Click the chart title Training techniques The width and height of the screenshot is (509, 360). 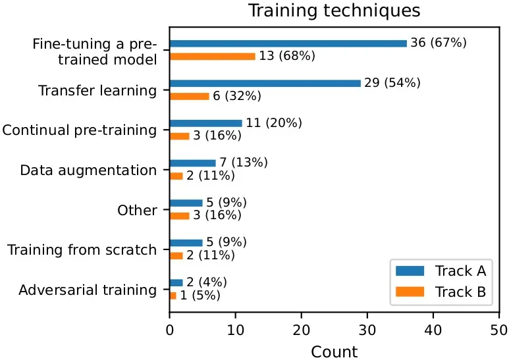click(335, 11)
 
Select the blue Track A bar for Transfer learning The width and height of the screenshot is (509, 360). click(265, 84)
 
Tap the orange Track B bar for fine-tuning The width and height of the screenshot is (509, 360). click(213, 57)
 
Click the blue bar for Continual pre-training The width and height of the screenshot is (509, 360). click(206, 123)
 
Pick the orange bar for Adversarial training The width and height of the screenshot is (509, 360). click(173, 296)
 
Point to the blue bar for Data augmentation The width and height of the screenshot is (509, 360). click(193, 163)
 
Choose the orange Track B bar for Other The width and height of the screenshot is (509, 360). click(180, 216)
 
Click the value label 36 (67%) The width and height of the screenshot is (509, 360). click(439, 43)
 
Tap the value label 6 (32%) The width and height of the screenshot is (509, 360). click(237, 96)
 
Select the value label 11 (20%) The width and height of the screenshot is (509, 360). click(274, 123)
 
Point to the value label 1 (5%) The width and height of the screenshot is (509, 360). click(200, 296)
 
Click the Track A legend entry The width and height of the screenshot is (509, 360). click(441, 270)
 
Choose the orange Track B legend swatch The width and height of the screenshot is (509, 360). click(410, 292)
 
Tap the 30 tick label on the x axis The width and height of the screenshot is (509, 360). click(367, 330)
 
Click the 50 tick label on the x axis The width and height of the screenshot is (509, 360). click(499, 330)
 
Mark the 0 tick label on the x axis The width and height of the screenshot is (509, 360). click(170, 330)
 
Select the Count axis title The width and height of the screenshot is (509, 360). click(335, 351)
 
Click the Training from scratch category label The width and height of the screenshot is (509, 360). click(82, 250)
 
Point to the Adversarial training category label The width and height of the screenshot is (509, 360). click(88, 290)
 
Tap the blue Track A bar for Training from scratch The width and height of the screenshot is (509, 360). click(186, 243)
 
